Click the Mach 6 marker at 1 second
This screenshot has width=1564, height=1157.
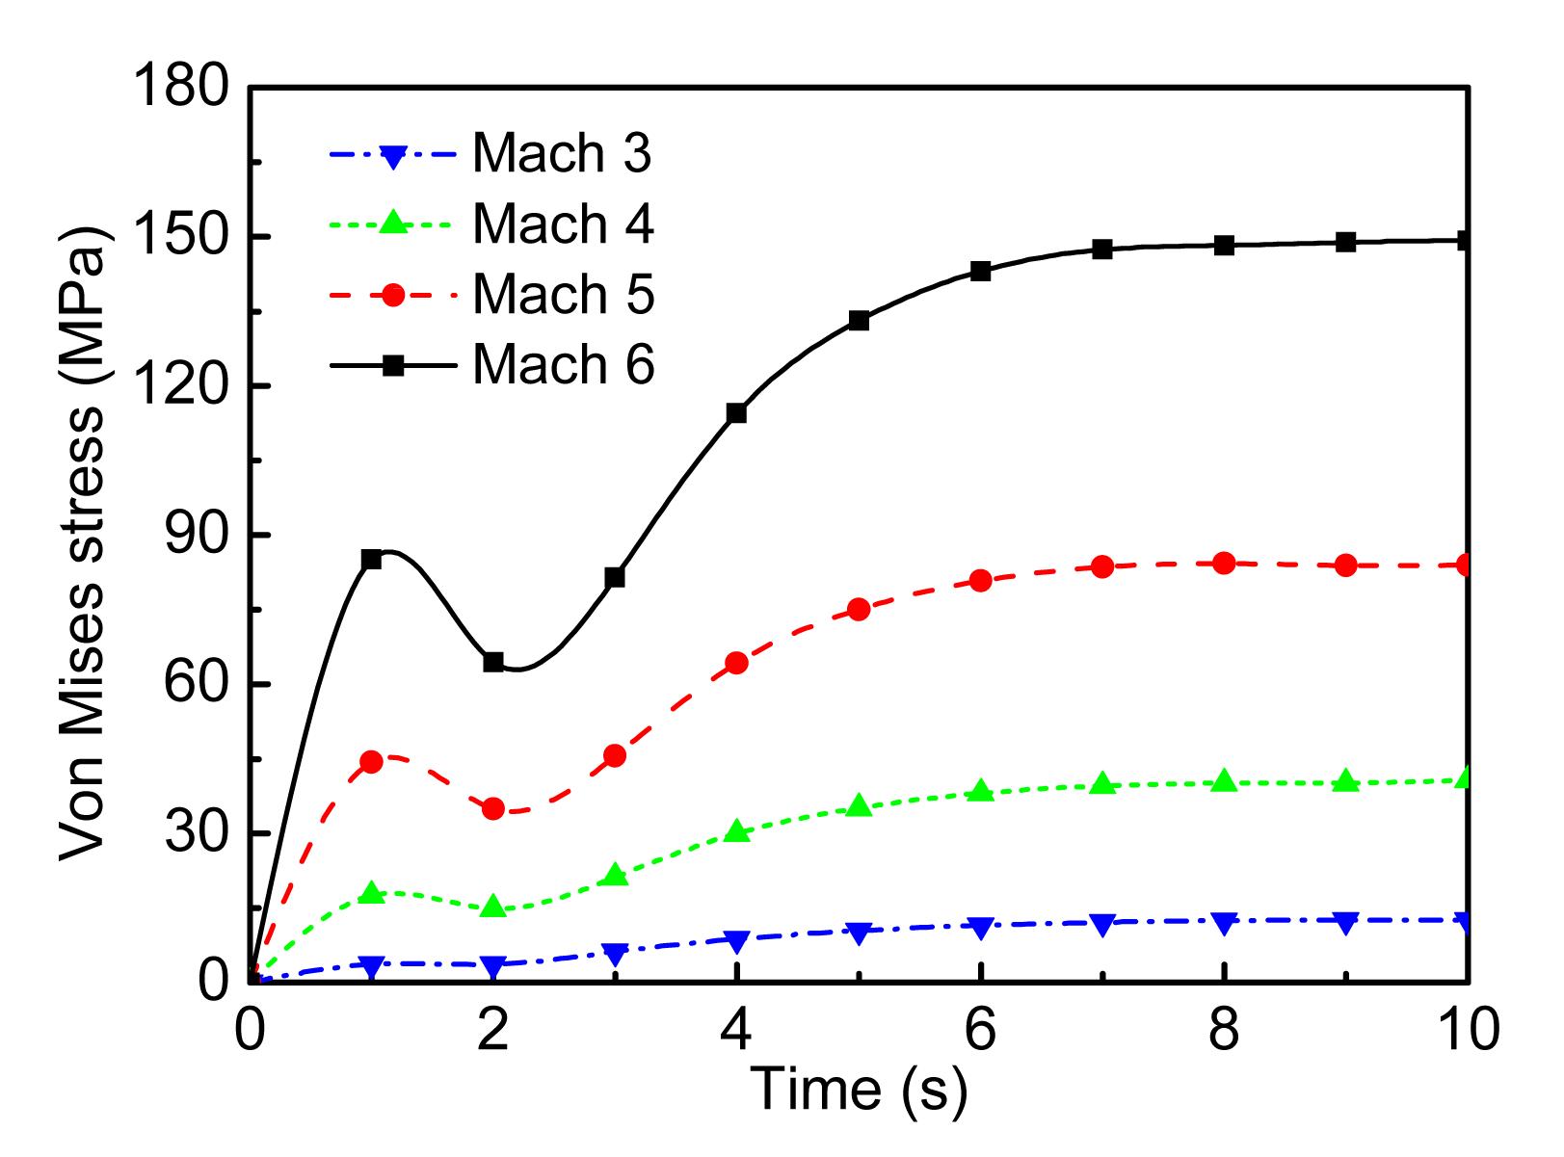pyautogui.click(x=371, y=559)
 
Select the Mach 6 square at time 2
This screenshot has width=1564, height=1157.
pyautogui.click(x=493, y=662)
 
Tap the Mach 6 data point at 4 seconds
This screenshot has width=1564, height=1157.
pyautogui.click(x=736, y=413)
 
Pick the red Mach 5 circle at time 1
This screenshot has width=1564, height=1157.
pyautogui.click(x=371, y=761)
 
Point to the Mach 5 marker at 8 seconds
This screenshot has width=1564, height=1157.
pyautogui.click(x=1224, y=563)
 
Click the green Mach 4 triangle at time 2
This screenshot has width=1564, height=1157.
pyautogui.click(x=493, y=907)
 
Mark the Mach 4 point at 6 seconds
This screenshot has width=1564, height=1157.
pyautogui.click(x=980, y=791)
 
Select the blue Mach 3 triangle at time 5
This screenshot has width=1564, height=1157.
pyautogui.click(x=859, y=932)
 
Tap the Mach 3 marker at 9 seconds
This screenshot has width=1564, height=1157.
pyautogui.click(x=1345, y=922)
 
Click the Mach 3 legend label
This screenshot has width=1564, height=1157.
pyautogui.click(x=562, y=154)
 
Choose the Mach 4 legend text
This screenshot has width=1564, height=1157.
pyautogui.click(x=562, y=224)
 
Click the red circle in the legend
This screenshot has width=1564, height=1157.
pyautogui.click(x=392, y=296)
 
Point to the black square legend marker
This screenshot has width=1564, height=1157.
pyautogui.click(x=392, y=366)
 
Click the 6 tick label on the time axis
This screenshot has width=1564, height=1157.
pyautogui.click(x=980, y=1029)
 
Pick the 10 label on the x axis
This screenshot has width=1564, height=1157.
pyautogui.click(x=1467, y=1029)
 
